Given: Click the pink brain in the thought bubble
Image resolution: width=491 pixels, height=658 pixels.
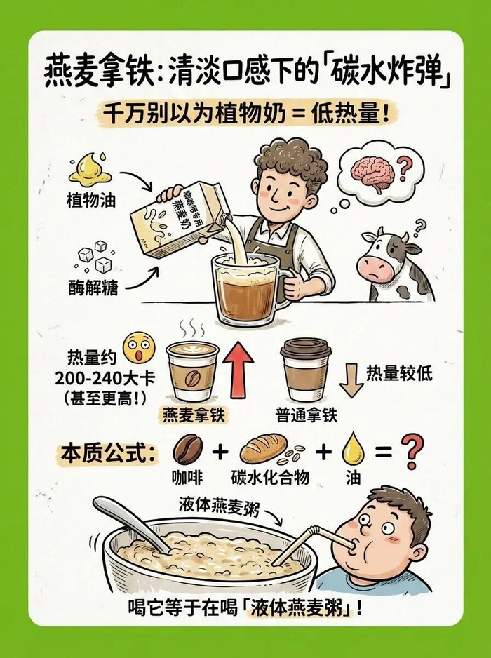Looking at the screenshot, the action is coord(372,173).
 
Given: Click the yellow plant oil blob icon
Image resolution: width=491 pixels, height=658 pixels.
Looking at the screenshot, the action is coord(90,168).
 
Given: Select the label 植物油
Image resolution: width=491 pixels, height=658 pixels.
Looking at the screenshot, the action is coord(90,201).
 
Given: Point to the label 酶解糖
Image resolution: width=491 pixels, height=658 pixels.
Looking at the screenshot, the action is coord(93,288).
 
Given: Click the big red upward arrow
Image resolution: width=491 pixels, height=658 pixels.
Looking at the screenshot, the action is coord(238,369).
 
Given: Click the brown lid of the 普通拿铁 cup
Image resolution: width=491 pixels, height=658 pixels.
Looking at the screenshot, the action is coord(306,349).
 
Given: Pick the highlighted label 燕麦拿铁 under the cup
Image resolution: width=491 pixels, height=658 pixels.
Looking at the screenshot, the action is coord(193,415).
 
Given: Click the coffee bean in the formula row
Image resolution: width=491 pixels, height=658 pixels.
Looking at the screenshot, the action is coord(187,449).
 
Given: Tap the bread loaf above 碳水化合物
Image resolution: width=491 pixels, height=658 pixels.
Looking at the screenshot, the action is coord(264,448).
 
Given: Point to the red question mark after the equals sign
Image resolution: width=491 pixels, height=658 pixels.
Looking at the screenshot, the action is coord(412,451).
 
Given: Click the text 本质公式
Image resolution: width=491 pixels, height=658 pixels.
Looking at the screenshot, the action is coord(105,454).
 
